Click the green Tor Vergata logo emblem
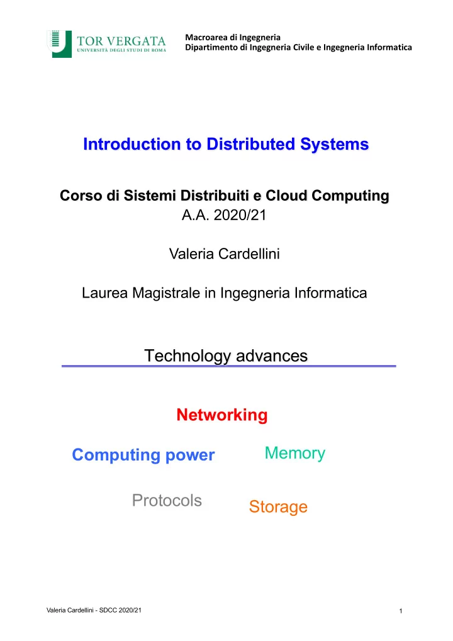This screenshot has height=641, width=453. click(x=60, y=44)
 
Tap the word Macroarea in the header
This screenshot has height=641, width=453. click(x=206, y=37)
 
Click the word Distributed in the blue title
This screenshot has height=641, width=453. click(x=250, y=144)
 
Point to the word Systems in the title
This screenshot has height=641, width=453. click(x=335, y=144)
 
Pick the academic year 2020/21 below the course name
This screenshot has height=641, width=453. click(x=240, y=215)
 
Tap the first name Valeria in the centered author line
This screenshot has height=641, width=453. click(x=192, y=254)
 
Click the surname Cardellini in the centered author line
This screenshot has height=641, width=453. click(x=249, y=254)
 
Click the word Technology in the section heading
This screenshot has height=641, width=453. click(x=187, y=356)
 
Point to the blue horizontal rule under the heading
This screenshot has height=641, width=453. click(x=228, y=366)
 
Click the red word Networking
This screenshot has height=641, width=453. click(x=222, y=415)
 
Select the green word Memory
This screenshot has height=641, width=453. click(x=295, y=454)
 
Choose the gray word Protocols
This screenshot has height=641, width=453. click(x=167, y=500)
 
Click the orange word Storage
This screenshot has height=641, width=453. click(x=278, y=507)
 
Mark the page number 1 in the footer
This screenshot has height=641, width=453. click(x=401, y=611)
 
